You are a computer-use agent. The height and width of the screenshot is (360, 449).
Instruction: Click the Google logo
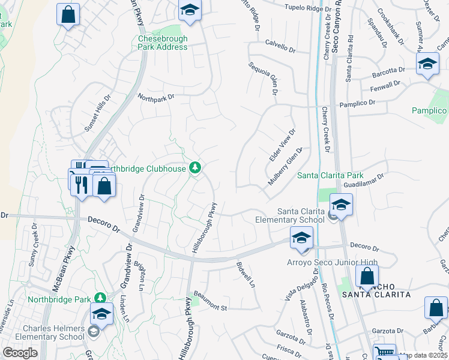20,353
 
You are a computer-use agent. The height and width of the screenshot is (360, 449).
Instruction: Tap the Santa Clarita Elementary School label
301,215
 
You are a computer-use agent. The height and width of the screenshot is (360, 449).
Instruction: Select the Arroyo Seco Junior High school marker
301,239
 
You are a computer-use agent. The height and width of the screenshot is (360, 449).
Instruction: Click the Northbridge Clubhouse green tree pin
195,167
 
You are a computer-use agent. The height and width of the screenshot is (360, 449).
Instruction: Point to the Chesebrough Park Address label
163,43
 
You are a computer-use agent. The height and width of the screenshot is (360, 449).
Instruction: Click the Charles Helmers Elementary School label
54,332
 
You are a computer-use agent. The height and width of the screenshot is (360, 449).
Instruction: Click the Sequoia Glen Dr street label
264,78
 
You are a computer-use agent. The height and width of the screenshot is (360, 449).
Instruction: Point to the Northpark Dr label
155,96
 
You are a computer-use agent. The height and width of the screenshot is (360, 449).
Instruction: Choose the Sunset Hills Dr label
98,113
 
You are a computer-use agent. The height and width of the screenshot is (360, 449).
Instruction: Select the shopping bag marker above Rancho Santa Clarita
366,277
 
